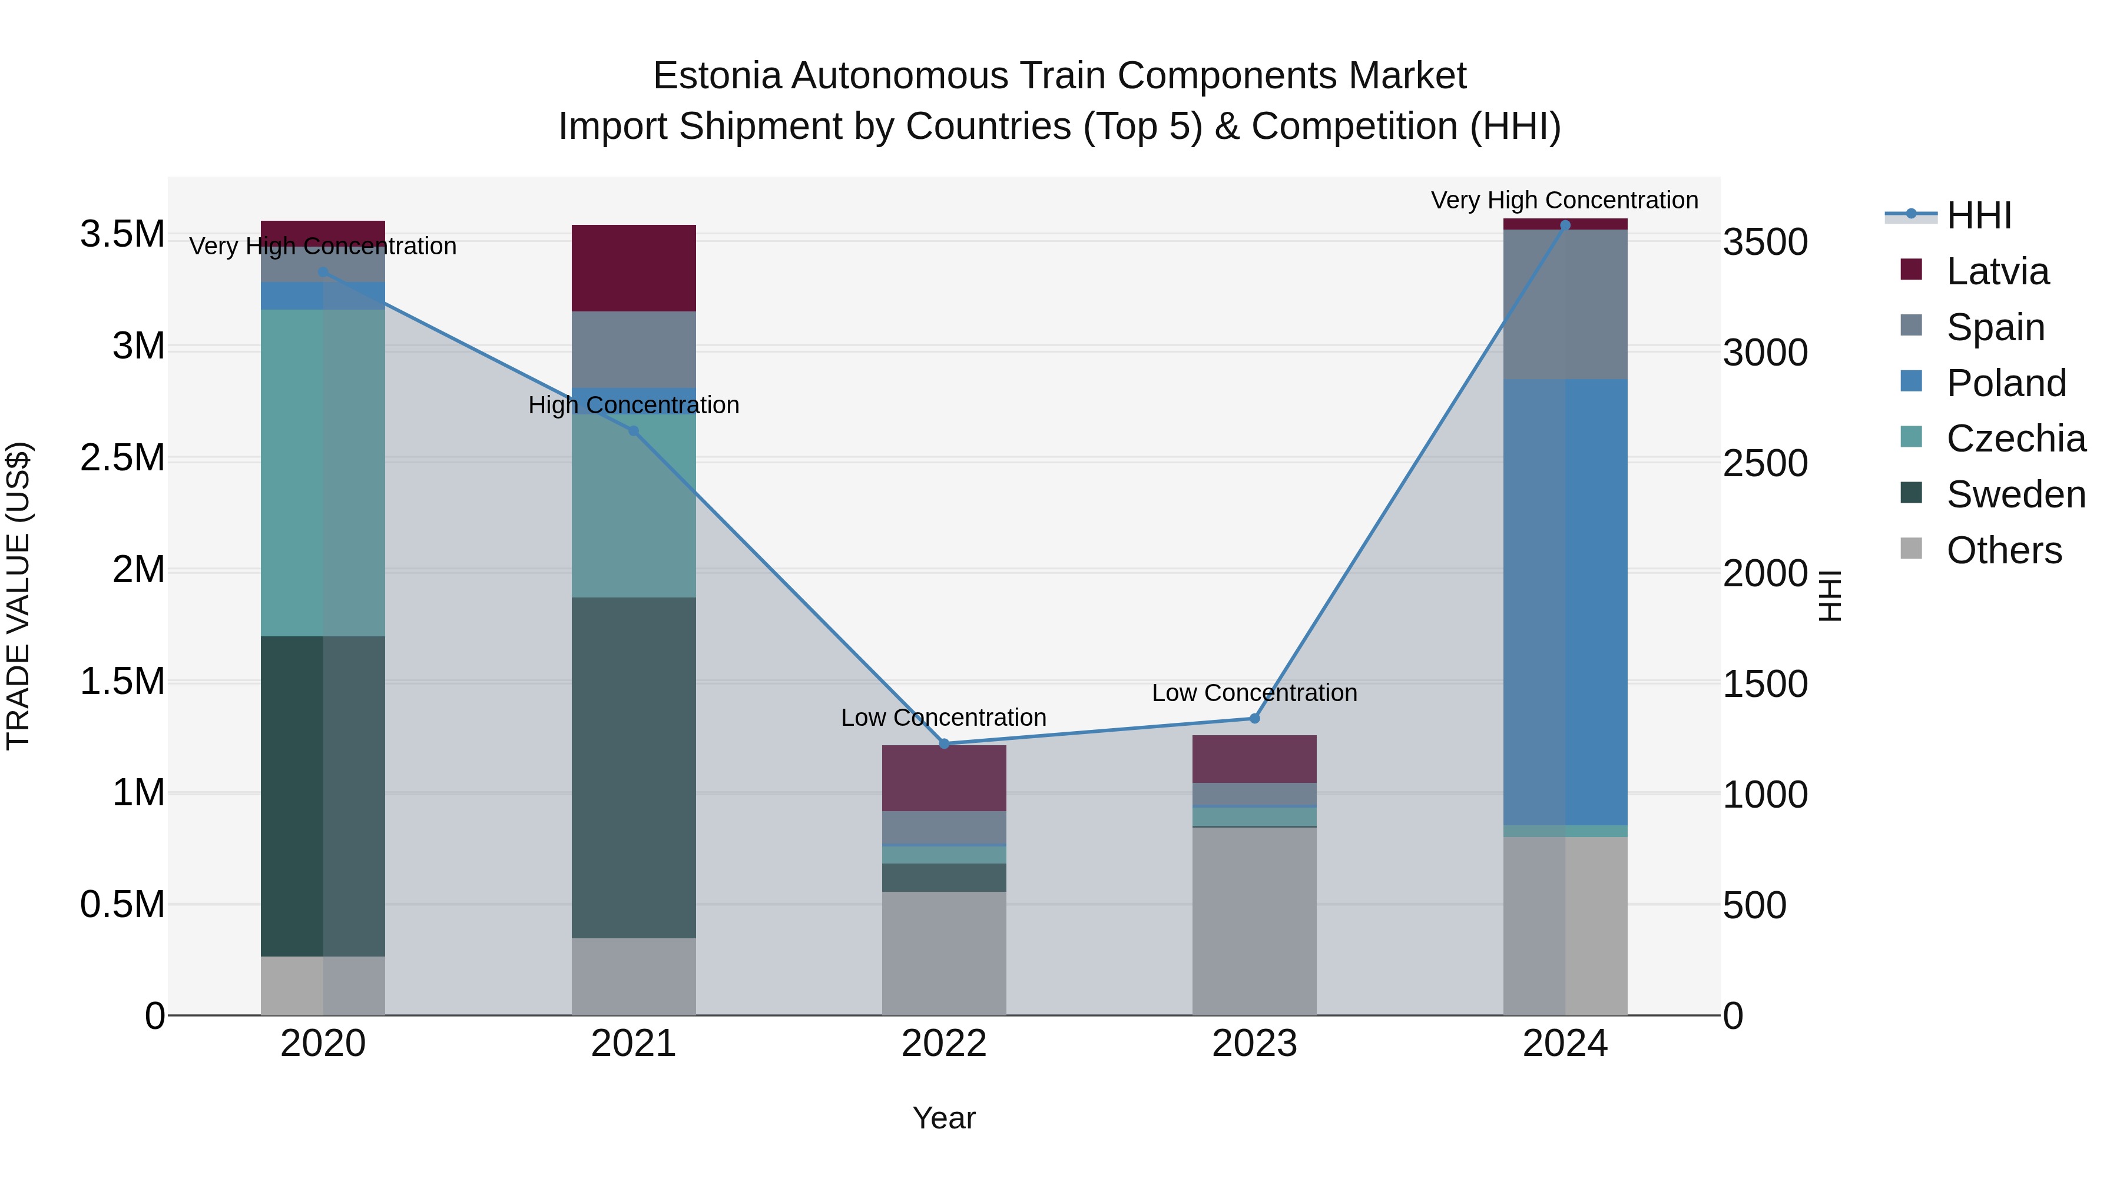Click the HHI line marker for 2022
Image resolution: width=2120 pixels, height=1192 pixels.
tap(944, 743)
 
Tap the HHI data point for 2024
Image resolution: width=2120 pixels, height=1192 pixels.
tap(1565, 225)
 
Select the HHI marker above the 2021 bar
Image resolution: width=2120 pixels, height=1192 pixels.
tap(634, 431)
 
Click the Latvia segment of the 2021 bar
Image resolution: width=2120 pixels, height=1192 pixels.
tap(634, 268)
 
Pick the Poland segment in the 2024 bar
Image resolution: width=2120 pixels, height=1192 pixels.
tap(1565, 602)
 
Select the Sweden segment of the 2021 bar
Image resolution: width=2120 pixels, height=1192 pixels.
tap(634, 768)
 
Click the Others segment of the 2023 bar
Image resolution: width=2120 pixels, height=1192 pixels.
tap(1254, 921)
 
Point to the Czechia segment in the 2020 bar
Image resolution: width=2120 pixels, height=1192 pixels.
tap(323, 473)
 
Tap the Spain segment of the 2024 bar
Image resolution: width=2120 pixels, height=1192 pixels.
tap(1565, 304)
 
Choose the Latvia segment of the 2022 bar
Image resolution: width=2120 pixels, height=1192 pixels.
tap(944, 778)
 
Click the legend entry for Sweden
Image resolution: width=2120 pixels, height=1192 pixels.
tap(2016, 494)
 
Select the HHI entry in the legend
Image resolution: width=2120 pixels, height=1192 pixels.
tap(1979, 215)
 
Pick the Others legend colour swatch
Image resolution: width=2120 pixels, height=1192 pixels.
tap(1911, 549)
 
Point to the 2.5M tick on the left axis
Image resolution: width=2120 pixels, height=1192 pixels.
tap(122, 458)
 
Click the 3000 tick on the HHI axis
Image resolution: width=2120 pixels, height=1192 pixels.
tap(1766, 353)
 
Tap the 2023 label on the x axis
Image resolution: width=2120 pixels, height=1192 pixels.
tap(1254, 1044)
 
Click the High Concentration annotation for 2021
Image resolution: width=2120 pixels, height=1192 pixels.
tap(634, 405)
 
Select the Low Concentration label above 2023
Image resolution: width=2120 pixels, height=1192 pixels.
tap(1254, 693)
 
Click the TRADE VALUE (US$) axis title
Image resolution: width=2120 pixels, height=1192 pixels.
tap(18, 596)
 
